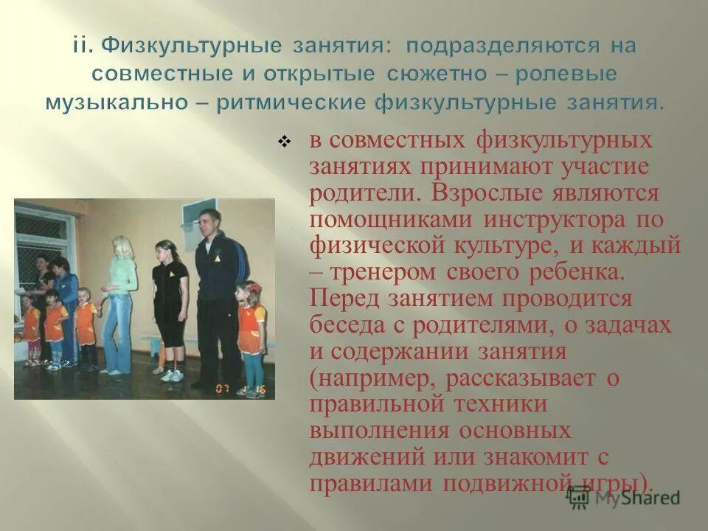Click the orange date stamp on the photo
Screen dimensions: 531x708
coord(240,388)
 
